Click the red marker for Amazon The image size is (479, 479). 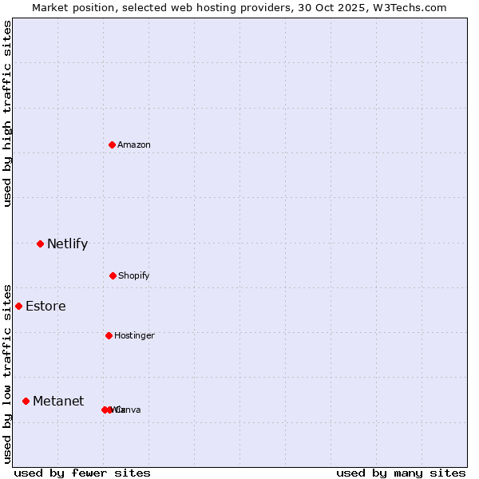tap(113, 144)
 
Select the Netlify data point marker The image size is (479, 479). tap(40, 243)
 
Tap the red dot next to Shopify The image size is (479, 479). tap(113, 275)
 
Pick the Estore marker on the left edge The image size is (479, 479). tap(18, 306)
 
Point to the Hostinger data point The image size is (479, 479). tap(109, 335)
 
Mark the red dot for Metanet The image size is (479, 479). tap(26, 401)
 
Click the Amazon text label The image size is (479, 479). tap(134, 144)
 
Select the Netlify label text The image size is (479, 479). tap(67, 244)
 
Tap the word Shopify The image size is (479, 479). tap(134, 275)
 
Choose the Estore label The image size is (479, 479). tap(46, 307)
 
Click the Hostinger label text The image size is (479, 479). tap(134, 335)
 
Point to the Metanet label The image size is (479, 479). tap(58, 402)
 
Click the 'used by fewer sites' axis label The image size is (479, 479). tap(82, 473)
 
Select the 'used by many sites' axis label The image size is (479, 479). tap(401, 473)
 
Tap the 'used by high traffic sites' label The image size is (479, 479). tap(8, 113)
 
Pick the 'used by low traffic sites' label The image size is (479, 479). tap(8, 373)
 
